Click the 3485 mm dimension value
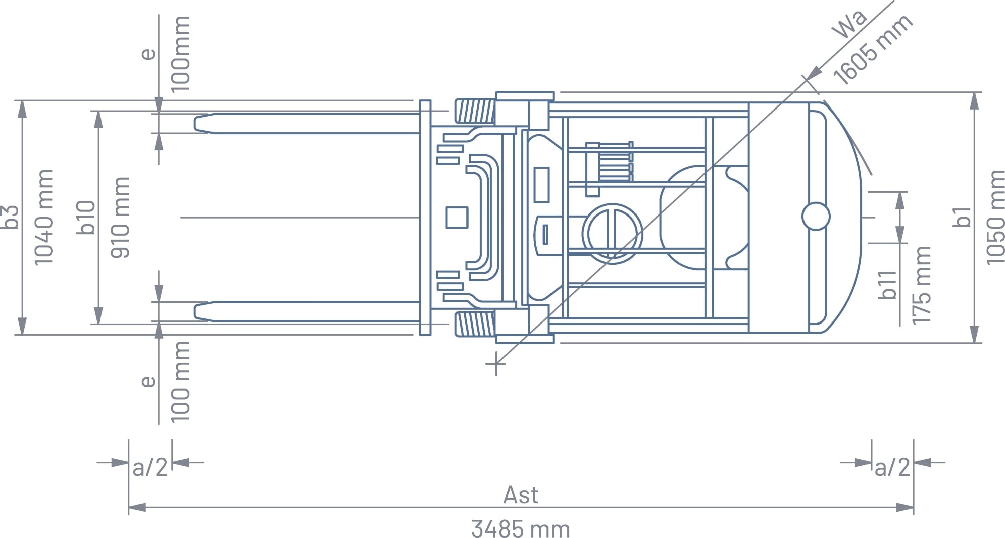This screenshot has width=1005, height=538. pyautogui.click(x=521, y=529)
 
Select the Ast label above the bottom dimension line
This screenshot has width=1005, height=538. pyautogui.click(x=521, y=495)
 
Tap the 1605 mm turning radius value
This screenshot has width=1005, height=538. pyautogui.click(x=873, y=49)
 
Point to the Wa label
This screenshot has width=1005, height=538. pyautogui.click(x=850, y=23)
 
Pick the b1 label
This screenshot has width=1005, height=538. pyautogui.click(x=962, y=217)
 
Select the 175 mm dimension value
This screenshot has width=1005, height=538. pyautogui.click(x=921, y=285)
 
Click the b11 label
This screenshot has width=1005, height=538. pyautogui.click(x=888, y=285)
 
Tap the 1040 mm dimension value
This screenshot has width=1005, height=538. pyautogui.click(x=43, y=217)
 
